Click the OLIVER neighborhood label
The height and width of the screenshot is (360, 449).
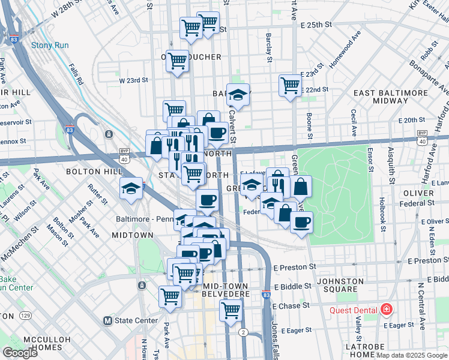pos(418,193)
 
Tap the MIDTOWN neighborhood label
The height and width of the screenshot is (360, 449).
pos(133,235)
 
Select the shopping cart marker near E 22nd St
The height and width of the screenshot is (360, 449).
pos(290,85)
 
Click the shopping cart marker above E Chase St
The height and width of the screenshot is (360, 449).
pos(231,310)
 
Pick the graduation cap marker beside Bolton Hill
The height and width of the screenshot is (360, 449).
pos(131,188)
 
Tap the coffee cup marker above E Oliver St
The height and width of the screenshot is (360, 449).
pos(301,223)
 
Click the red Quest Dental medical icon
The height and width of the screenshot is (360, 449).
pos(386,310)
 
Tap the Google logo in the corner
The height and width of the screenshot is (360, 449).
pos(20,353)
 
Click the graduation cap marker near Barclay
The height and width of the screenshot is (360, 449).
pos(238,95)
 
